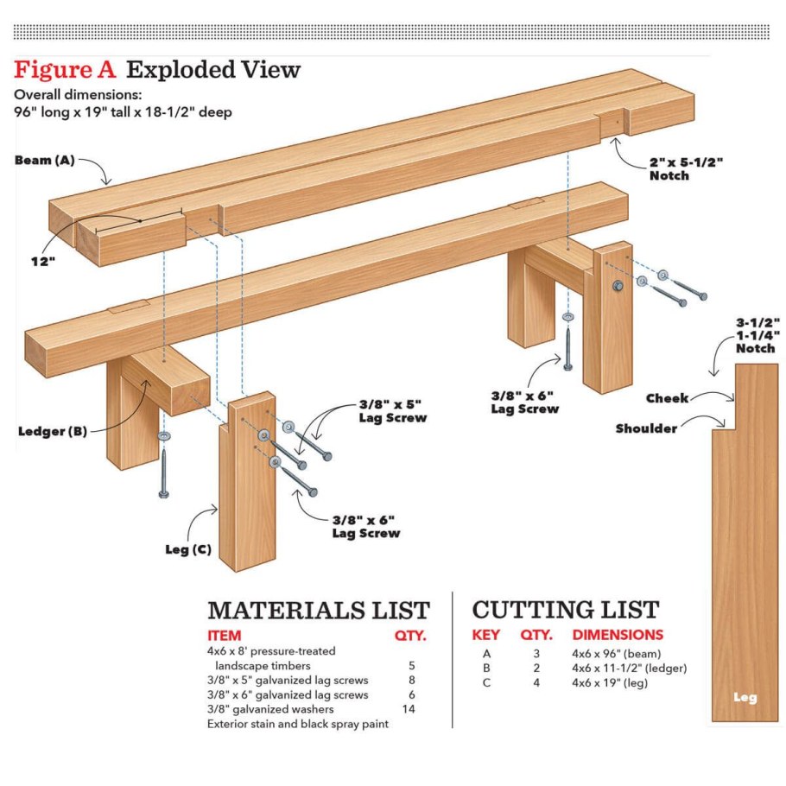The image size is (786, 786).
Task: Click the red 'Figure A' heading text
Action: coord(65,70)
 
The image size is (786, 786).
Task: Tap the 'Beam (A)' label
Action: coord(45,161)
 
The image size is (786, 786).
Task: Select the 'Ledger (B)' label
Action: coord(53,431)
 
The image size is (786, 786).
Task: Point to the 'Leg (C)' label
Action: coord(188,549)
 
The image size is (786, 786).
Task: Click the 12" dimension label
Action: coord(43,261)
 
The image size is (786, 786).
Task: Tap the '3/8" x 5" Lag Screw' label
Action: coord(392,411)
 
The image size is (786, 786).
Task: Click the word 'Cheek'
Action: coord(667,398)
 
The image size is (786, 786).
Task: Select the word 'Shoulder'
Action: coord(646,428)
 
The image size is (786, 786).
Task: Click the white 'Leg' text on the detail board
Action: coord(745,697)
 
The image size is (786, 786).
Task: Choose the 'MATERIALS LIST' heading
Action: coord(319,611)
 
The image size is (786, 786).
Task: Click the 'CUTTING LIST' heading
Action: coord(566,610)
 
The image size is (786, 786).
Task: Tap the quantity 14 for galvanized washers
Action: coord(409,709)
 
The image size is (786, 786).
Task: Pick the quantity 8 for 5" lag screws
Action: coord(411,681)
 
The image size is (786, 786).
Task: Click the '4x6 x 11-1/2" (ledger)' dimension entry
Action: coord(629,669)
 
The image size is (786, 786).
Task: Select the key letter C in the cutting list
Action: coord(486,682)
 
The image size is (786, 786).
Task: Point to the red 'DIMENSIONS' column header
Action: coord(618,635)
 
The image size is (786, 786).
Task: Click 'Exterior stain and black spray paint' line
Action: coord(298,724)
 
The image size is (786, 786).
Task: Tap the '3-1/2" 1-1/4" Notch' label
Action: coord(757,335)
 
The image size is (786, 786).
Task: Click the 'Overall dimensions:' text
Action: coord(78,95)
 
